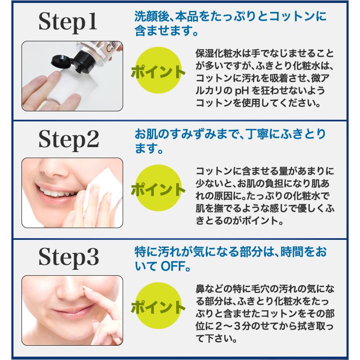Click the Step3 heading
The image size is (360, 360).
click(69, 257)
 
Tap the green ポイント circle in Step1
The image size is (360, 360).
click(158, 71)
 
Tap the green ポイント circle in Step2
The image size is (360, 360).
click(158, 188)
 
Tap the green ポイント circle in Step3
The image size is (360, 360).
click(158, 306)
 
